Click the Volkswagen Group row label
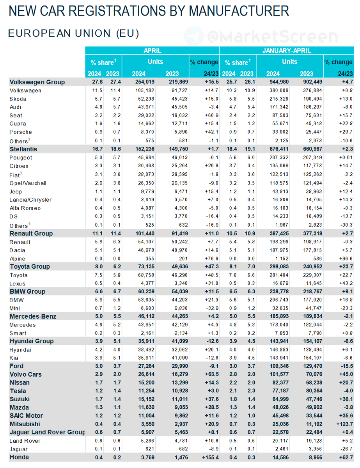(x=37, y=82)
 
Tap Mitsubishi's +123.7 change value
(x=343, y=424)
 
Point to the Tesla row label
(x=18, y=391)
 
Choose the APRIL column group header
(x=153, y=51)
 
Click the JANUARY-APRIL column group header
(x=287, y=51)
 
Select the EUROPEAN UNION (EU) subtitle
(x=73, y=34)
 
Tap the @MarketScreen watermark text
(x=272, y=37)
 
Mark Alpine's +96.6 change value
(x=345, y=259)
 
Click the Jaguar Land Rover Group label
(x=47, y=432)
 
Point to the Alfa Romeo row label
(x=25, y=208)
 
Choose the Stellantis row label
(x=23, y=149)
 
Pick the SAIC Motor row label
(x=26, y=416)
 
